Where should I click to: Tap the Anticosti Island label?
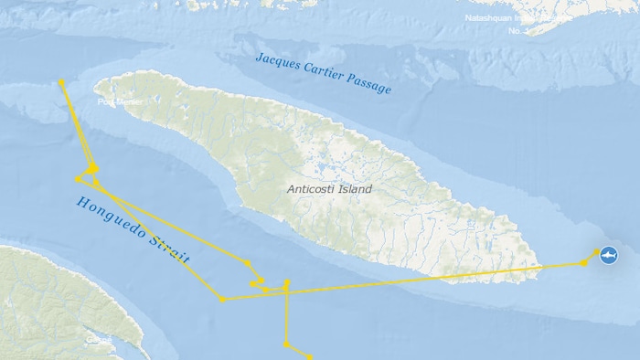329,189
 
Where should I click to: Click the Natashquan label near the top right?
494,17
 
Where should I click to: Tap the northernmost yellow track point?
61,82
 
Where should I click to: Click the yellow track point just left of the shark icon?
584,263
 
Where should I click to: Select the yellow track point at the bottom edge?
310,357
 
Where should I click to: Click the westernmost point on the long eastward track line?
222,299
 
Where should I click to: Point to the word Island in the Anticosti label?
355,189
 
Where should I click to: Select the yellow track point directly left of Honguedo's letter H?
77,179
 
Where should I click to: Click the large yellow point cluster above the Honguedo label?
92,168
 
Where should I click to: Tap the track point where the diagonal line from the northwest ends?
247,264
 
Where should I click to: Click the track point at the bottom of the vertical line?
286,344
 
